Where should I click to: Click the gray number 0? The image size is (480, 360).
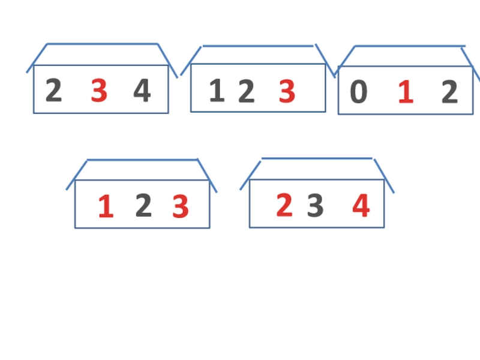pos(358,93)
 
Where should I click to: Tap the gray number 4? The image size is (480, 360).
pos(142,92)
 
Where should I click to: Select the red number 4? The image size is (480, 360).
pos(361,206)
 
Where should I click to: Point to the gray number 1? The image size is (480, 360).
pos(216,92)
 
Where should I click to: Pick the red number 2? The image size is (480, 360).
pos(284,206)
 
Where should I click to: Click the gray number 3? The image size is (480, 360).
pos(315,207)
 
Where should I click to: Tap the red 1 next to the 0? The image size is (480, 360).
pos(406,93)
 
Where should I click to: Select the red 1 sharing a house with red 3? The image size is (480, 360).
pos(106,207)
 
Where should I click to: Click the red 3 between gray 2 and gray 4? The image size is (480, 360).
pos(99,92)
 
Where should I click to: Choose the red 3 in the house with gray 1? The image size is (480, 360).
pos(287,92)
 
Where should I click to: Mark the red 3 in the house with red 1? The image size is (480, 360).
pos(181,207)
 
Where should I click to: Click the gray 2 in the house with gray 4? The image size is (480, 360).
pos(53,92)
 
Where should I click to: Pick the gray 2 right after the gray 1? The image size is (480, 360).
pos(246,92)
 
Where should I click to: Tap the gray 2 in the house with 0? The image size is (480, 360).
pos(449,93)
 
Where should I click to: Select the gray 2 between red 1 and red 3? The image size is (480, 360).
pos(143,206)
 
